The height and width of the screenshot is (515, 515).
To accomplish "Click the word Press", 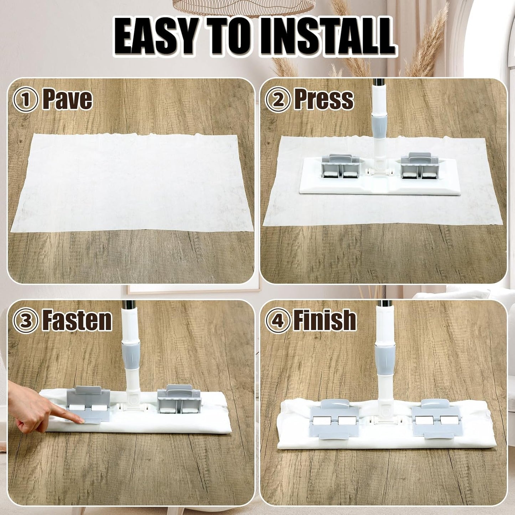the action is pos(324,99).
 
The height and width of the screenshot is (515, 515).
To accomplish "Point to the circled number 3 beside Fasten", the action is pos(26,321).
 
